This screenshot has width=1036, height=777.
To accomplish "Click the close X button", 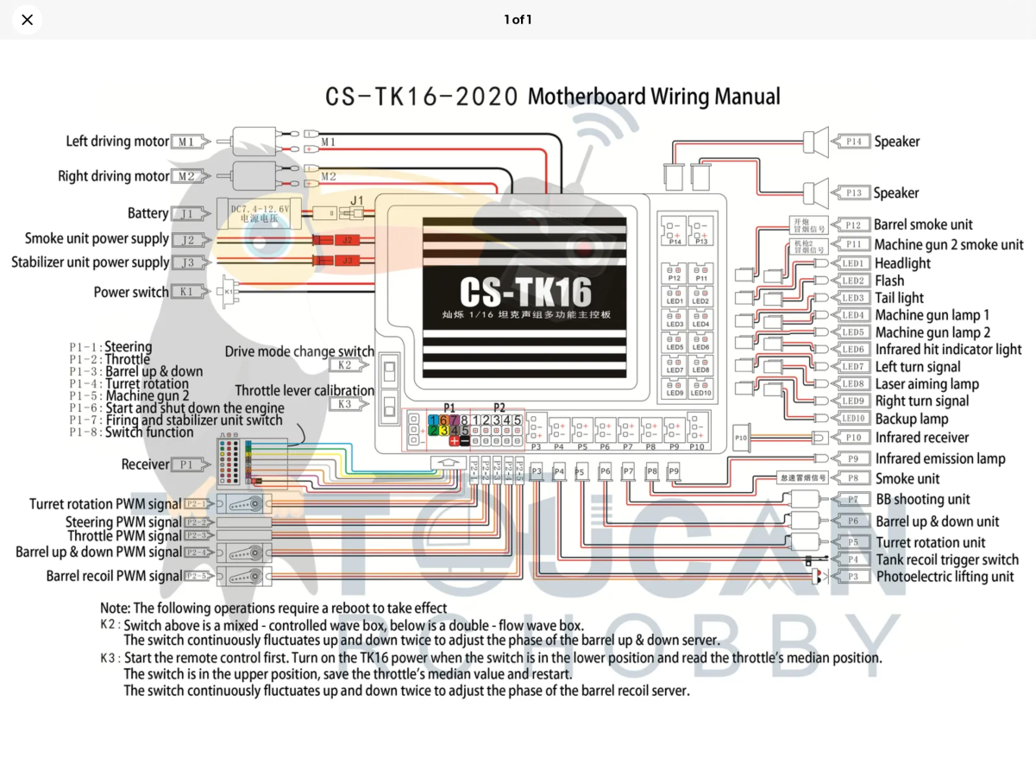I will tap(28, 20).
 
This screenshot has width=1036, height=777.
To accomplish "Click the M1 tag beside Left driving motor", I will tap(188, 142).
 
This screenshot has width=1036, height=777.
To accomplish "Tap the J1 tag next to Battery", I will tap(188, 213).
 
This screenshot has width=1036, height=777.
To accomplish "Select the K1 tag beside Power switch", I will tap(188, 292).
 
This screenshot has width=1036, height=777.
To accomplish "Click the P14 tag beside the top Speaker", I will tap(852, 142).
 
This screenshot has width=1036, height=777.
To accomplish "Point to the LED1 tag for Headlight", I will tap(852, 263).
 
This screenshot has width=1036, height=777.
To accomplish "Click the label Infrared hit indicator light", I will tap(948, 350).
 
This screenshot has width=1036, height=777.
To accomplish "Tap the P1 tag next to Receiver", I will tap(188, 464).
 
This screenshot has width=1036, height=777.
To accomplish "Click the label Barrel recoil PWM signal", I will tap(114, 576).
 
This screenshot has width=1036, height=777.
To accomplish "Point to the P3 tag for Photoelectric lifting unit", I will tap(852, 577).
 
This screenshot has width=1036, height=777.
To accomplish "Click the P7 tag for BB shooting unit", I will tap(852, 500).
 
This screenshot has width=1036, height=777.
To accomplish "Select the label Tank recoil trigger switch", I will tap(947, 559).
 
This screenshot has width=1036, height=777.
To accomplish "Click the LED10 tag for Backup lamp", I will tap(852, 419).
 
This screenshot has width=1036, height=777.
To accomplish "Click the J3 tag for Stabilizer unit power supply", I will tap(188, 262).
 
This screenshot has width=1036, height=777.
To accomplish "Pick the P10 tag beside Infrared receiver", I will tap(852, 438).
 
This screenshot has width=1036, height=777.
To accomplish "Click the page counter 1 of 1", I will tap(518, 19).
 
